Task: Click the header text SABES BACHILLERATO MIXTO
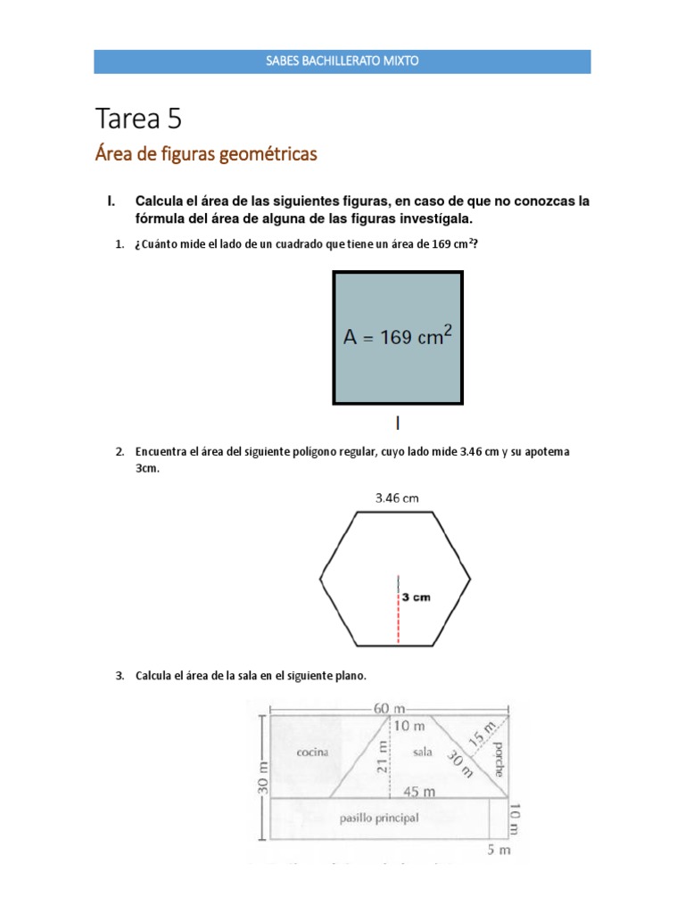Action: click(x=342, y=62)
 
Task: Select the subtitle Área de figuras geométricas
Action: click(x=205, y=155)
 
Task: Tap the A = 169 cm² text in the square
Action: click(x=399, y=337)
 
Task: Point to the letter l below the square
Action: click(x=398, y=422)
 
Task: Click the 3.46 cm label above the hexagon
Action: click(x=396, y=498)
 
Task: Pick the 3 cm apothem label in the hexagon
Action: click(x=416, y=597)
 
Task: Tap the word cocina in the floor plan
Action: click(x=313, y=752)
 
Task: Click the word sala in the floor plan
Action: click(x=424, y=752)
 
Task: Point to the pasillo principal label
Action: click(x=379, y=818)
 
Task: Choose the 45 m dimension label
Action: click(x=419, y=791)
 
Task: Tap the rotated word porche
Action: click(x=498, y=757)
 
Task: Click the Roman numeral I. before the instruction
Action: click(x=112, y=202)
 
